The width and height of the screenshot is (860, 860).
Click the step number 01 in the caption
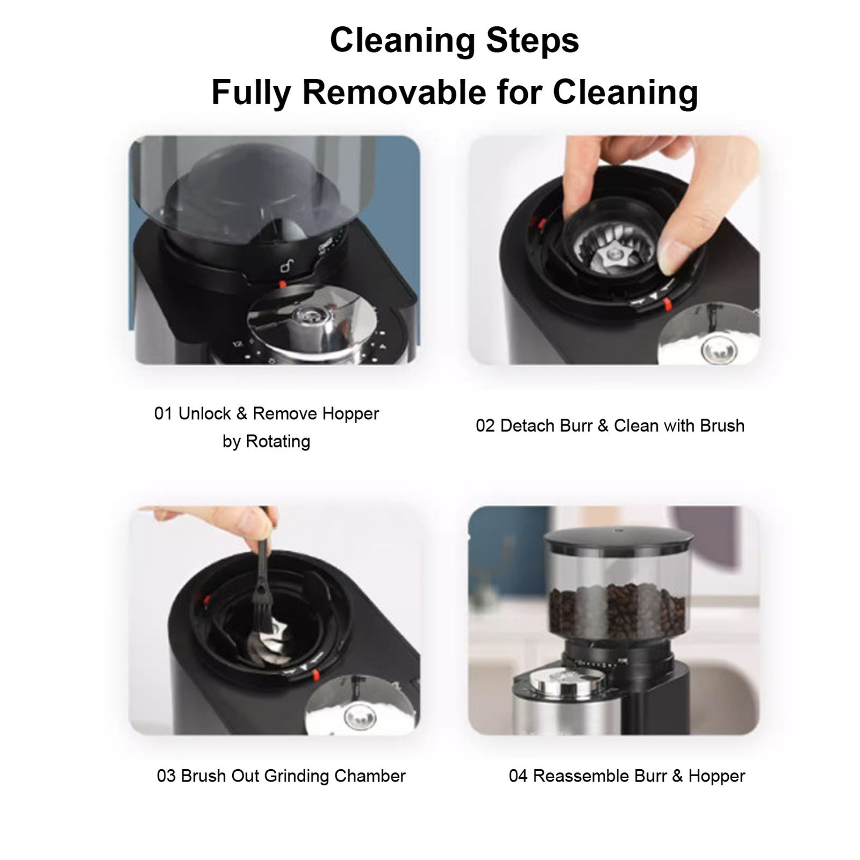(x=163, y=414)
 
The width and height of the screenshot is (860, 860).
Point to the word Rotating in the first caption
(x=278, y=442)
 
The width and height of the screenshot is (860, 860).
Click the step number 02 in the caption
(x=485, y=426)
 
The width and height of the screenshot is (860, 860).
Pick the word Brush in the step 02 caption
(x=722, y=426)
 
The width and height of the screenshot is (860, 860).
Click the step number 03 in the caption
(x=166, y=776)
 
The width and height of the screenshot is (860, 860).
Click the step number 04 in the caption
(x=518, y=776)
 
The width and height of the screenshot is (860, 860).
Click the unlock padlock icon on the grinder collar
(x=287, y=266)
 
